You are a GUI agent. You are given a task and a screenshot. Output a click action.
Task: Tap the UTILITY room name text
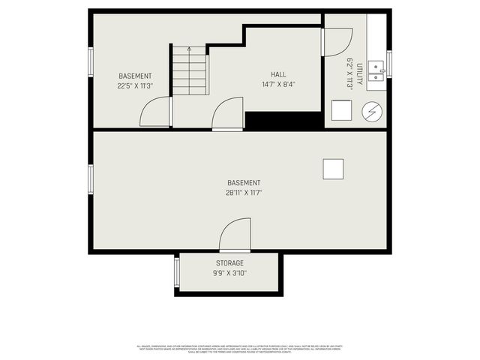pyautogui.click(x=360, y=74)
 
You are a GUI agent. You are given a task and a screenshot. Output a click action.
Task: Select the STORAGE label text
pyautogui.click(x=229, y=263)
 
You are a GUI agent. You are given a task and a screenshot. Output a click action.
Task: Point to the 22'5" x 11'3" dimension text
pyautogui.click(x=135, y=86)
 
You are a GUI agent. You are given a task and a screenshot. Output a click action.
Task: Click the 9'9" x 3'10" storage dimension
pyautogui.click(x=229, y=273)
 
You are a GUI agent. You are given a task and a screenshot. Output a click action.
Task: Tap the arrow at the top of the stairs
pyautogui.click(x=189, y=49)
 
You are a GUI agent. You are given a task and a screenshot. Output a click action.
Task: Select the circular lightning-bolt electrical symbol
pyautogui.click(x=371, y=112)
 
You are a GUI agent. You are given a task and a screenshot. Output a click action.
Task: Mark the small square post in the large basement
pyautogui.click(x=333, y=169)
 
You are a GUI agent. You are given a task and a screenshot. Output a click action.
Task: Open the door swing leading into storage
pyautogui.click(x=235, y=234)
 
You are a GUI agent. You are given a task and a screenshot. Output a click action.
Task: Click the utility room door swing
pyautogui.click(x=337, y=42)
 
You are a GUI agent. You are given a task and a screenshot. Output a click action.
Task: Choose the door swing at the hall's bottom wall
pyautogui.click(x=228, y=114)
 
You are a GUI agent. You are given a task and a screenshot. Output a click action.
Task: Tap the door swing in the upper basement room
pyautogui.click(x=155, y=112)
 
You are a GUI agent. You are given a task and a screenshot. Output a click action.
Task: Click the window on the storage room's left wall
pyautogui.click(x=177, y=272)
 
